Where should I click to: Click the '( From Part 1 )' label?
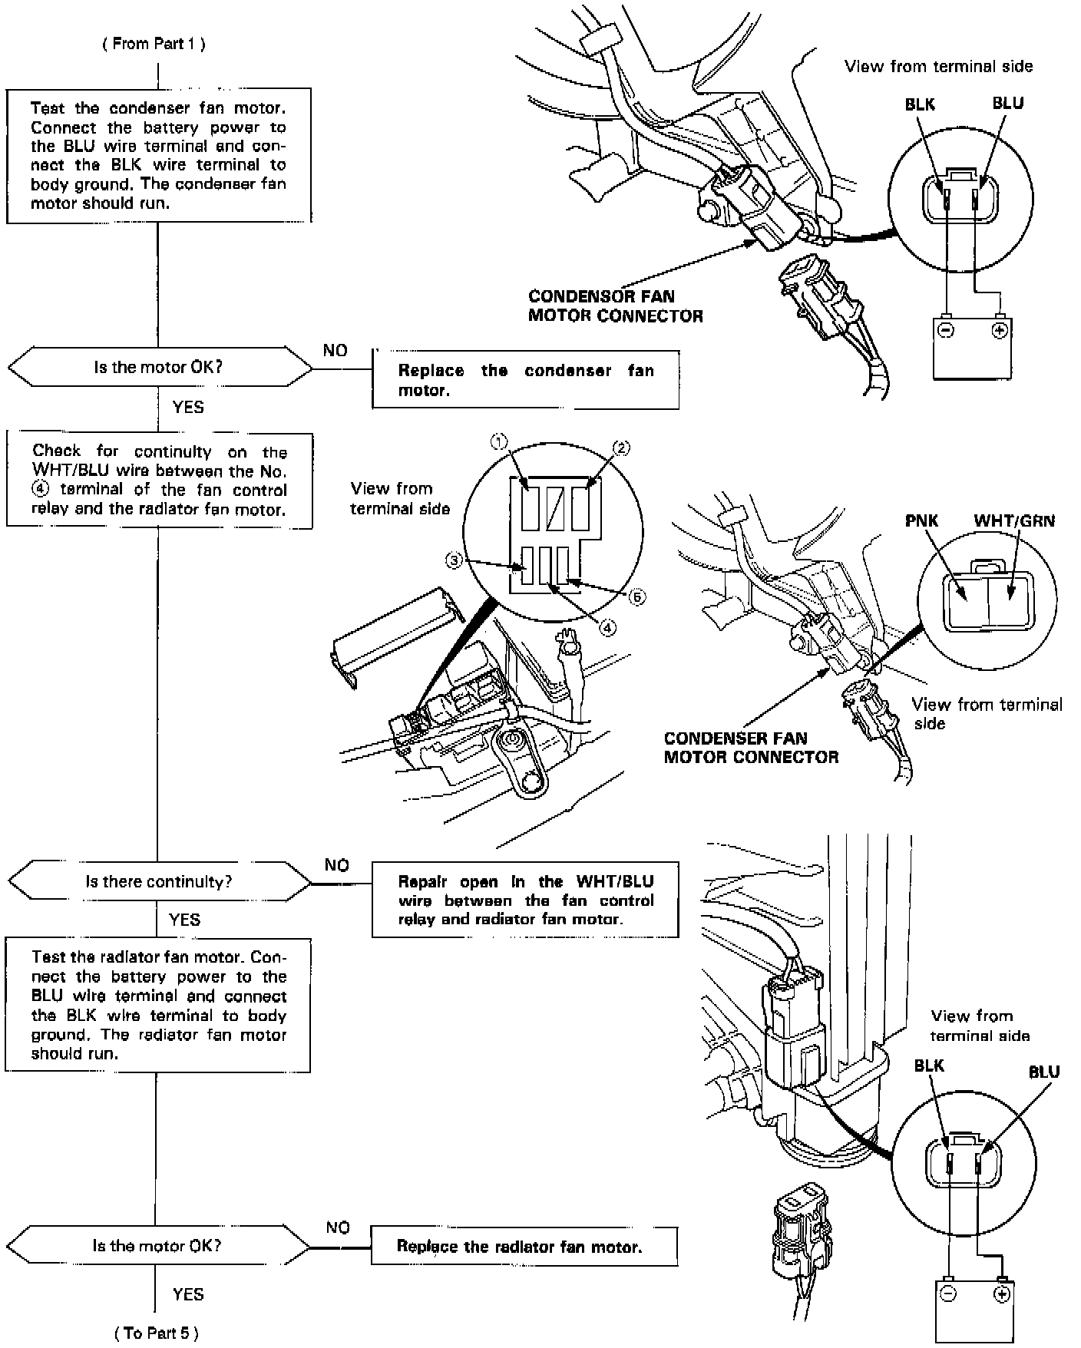(x=154, y=44)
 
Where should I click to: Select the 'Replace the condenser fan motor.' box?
(x=525, y=380)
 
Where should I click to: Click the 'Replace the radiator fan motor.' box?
(x=524, y=1246)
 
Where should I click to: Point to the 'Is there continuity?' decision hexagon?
(x=159, y=881)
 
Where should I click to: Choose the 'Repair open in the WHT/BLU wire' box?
(x=525, y=900)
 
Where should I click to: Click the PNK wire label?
(x=921, y=520)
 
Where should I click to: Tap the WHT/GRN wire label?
(x=1013, y=520)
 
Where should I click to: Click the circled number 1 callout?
(x=499, y=441)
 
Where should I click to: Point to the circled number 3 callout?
(x=455, y=561)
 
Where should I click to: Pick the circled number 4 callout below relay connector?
(x=607, y=627)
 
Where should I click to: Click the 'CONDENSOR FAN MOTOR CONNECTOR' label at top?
(x=615, y=306)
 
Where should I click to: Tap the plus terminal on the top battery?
(x=999, y=330)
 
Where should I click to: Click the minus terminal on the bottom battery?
(x=948, y=1293)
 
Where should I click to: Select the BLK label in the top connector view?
(x=920, y=104)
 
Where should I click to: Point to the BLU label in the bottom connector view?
(x=1043, y=1072)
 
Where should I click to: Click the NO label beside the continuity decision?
(x=336, y=865)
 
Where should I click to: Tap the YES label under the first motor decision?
(x=188, y=407)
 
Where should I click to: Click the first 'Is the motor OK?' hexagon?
(x=159, y=367)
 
